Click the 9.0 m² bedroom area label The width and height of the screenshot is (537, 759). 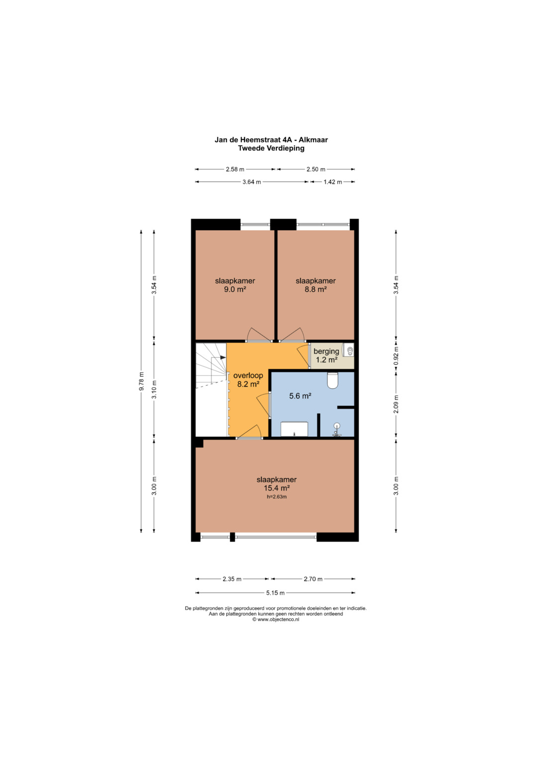pos(235,289)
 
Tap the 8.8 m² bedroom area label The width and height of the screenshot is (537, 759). pos(315,289)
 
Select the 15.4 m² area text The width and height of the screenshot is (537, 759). pos(276,488)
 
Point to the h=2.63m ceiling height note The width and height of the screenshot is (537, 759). pos(276,497)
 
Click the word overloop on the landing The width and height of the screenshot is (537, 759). pos(248,375)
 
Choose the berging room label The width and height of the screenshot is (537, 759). pos(326,351)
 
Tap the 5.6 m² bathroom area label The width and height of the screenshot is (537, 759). pos(300,396)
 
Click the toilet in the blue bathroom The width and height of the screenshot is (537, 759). pos(333,381)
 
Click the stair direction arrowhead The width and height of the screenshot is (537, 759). pos(223,357)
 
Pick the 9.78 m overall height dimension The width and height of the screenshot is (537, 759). pos(141,381)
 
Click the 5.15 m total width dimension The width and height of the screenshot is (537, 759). pos(275,592)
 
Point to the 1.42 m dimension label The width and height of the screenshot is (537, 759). pos(333,182)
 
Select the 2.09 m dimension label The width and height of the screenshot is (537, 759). pos(396,404)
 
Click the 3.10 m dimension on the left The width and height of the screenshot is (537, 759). pos(154,390)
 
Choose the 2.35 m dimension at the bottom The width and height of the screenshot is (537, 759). pos(232,579)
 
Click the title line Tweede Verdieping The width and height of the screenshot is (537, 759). pos(271,148)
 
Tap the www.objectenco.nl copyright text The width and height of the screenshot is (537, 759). pos(275,619)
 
